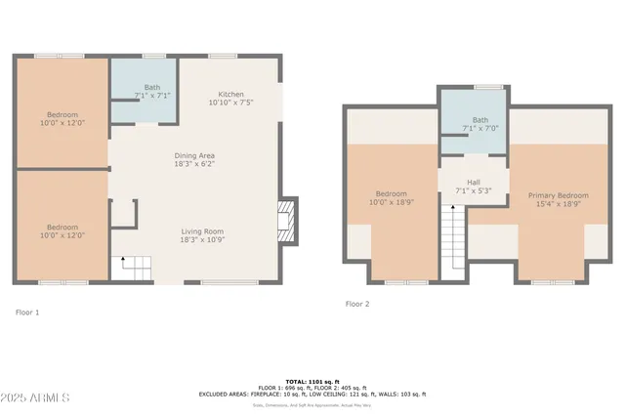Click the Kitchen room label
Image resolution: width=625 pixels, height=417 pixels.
click(230, 92)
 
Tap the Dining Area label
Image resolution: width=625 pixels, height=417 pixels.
click(194, 155)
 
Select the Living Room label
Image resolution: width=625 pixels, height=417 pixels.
click(202, 231)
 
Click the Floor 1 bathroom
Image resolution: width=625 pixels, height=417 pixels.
click(143, 90)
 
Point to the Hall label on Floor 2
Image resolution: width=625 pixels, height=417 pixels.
click(473, 183)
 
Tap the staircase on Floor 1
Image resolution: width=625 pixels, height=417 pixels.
click(136, 267)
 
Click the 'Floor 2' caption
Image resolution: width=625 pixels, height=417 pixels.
click(357, 304)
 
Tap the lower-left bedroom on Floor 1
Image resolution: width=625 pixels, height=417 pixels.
click(62, 229)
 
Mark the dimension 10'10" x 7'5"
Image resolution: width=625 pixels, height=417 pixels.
click(230, 102)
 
